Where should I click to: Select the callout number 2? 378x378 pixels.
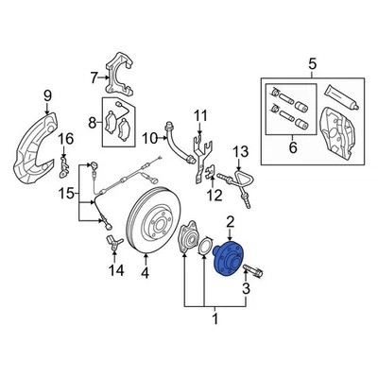[x=230, y=223]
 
